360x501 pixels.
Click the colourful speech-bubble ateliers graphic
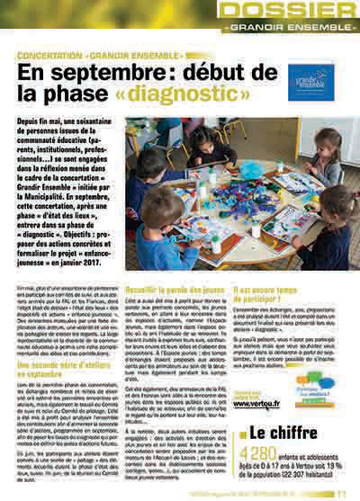[314, 382]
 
